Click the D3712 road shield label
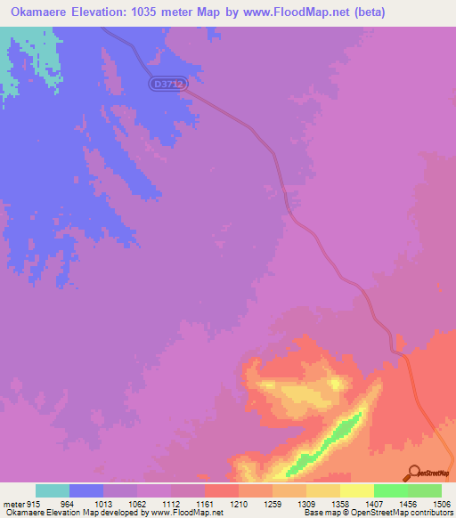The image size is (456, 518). pyautogui.click(x=167, y=83)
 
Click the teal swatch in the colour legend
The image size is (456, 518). pyautogui.click(x=53, y=490)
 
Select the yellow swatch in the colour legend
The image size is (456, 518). pyautogui.click(x=356, y=490)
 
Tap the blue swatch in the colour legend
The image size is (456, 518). pyautogui.click(x=86, y=490)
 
